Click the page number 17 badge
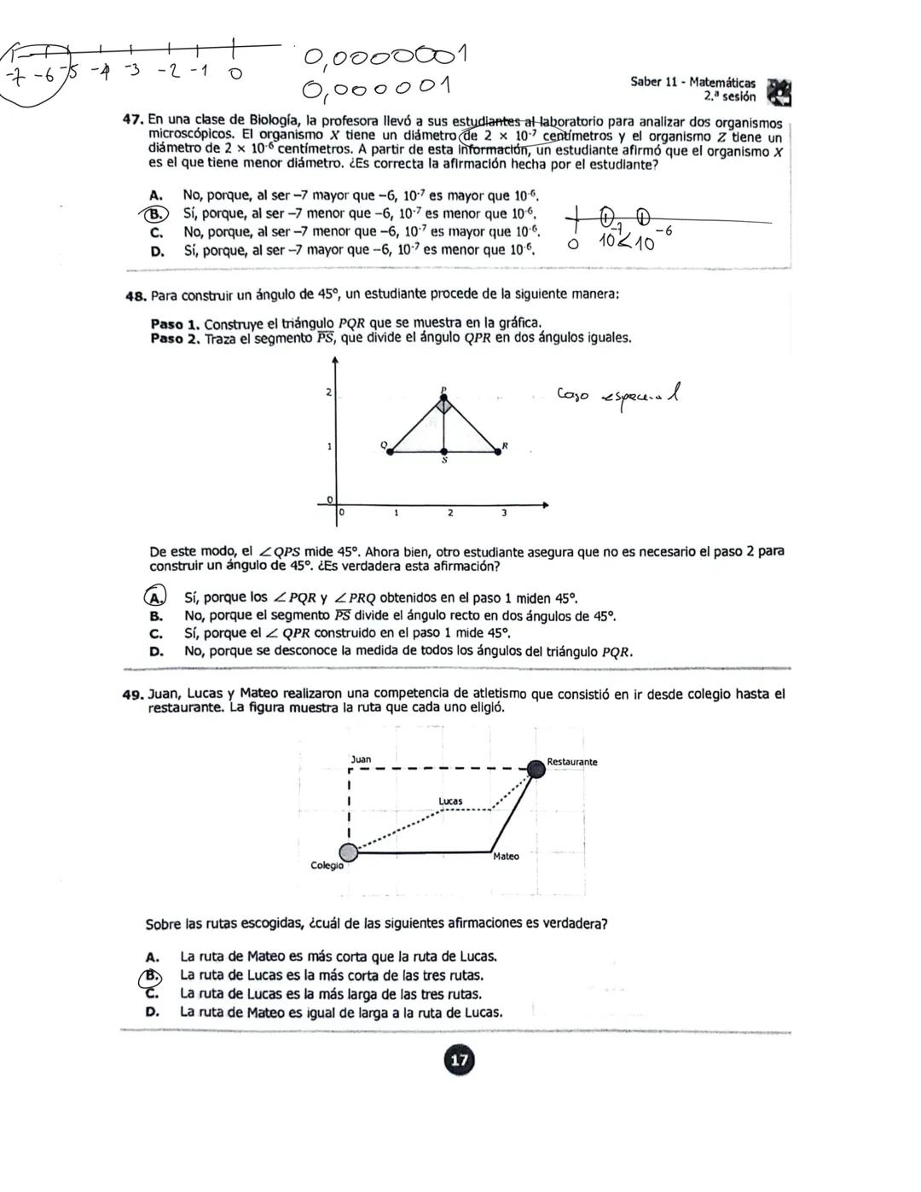point(459,1060)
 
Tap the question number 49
point(136,695)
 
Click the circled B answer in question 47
point(158,214)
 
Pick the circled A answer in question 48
point(154,597)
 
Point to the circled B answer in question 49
point(152,975)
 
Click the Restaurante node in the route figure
point(536,769)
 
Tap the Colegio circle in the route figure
point(348,852)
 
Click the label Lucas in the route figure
point(450,801)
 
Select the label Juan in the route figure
point(361,759)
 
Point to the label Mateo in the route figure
point(506,856)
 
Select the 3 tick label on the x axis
point(504,514)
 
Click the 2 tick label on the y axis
point(328,392)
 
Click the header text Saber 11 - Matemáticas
point(692,83)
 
